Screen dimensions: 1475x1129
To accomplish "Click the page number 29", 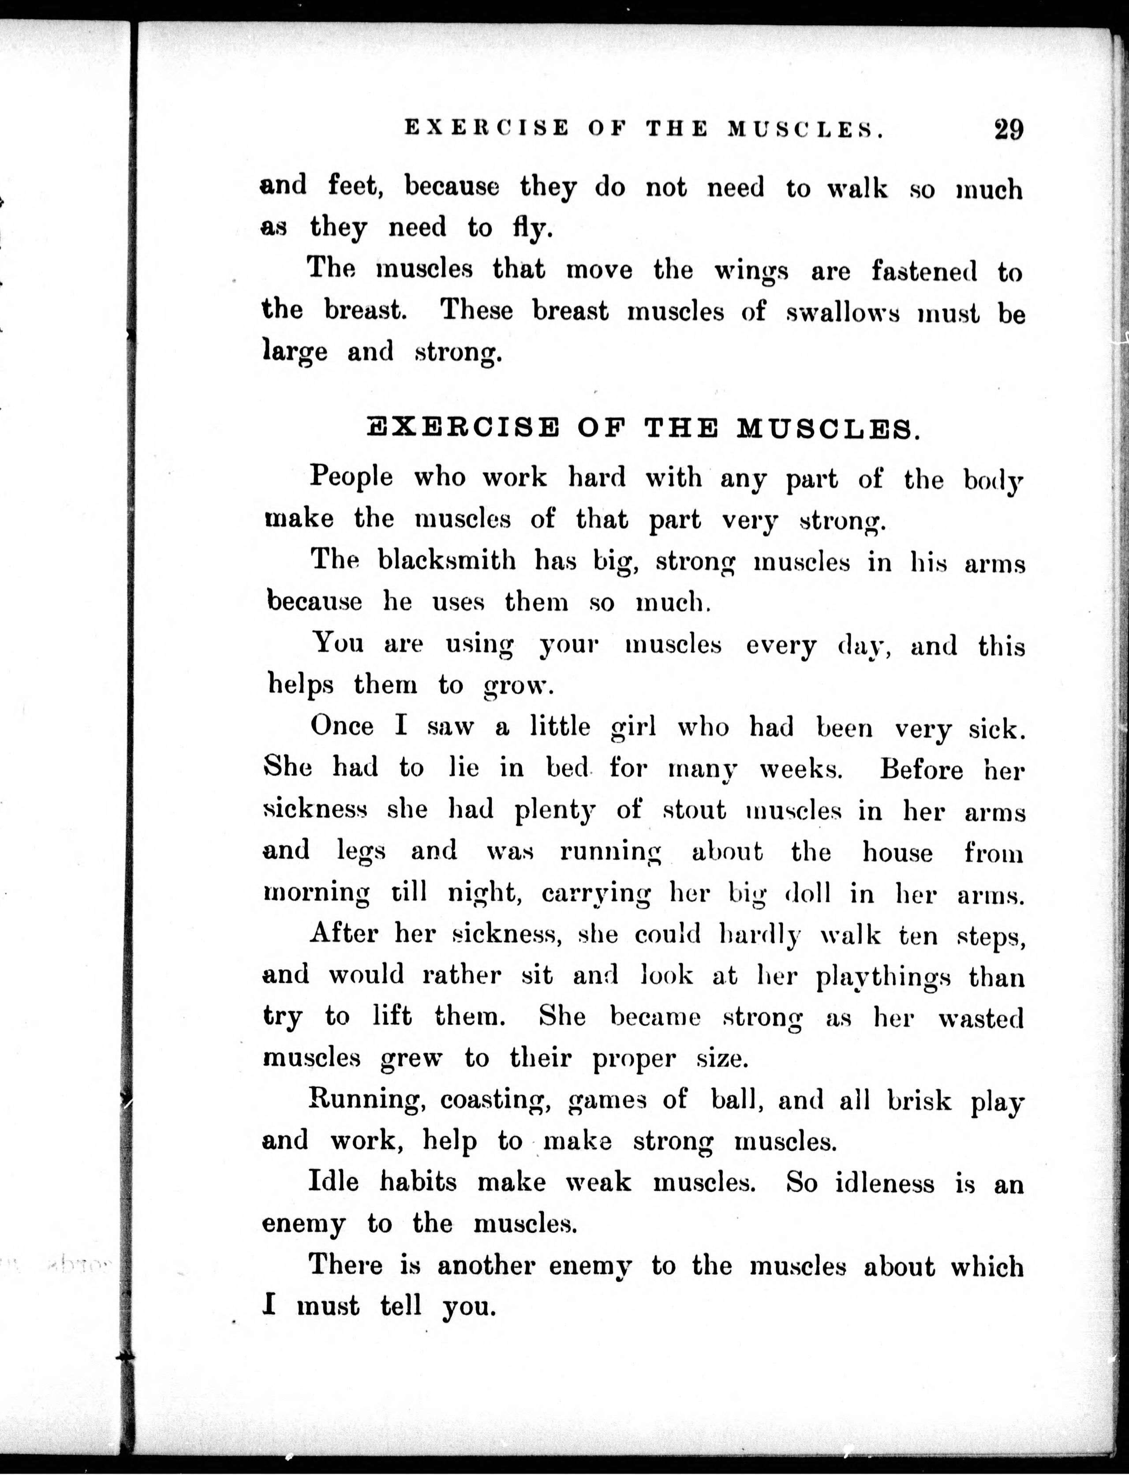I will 1008,128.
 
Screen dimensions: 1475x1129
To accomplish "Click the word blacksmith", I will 447,560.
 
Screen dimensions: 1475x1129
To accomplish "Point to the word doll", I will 807,894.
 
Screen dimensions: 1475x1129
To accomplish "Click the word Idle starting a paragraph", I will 333,1181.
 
